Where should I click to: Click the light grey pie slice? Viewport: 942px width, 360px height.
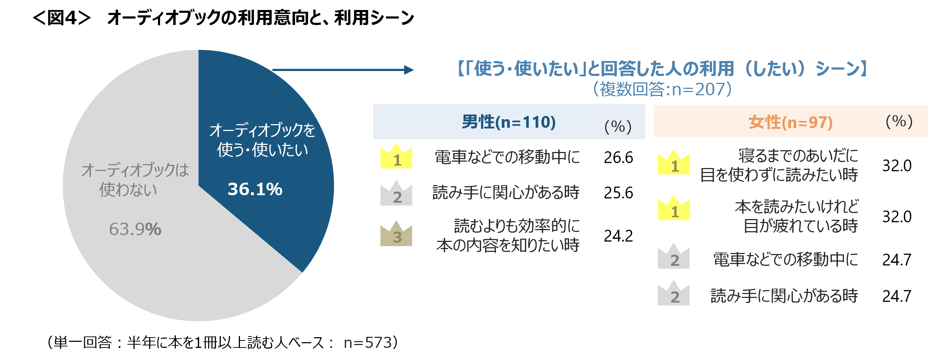coord(146,256)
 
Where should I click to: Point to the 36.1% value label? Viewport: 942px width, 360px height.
coord(255,189)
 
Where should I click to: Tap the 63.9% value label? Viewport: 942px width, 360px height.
coord(135,229)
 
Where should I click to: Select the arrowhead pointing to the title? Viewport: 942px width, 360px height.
coord(409,70)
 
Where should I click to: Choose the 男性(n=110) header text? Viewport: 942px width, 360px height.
coord(509,122)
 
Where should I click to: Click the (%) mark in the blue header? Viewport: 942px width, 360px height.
coord(618,127)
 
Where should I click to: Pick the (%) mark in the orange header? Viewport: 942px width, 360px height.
coord(899,121)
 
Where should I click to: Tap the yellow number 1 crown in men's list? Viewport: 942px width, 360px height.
coord(396,157)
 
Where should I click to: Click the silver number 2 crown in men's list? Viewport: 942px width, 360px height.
coord(396,194)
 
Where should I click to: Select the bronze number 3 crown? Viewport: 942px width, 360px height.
coord(396,234)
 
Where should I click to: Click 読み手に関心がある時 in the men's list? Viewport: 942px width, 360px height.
coord(506,192)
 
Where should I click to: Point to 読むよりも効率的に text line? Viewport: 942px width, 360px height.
coord(517,226)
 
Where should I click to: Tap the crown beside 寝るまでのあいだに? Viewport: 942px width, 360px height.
coord(674,163)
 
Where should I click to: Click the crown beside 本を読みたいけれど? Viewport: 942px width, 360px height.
coord(674,208)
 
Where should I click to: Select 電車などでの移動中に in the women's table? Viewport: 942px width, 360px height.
coord(785,259)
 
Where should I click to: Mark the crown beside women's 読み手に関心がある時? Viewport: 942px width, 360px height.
coord(674,294)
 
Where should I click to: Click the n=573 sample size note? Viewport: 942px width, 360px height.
coord(368,343)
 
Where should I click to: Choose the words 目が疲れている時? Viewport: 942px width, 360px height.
coord(800,226)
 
